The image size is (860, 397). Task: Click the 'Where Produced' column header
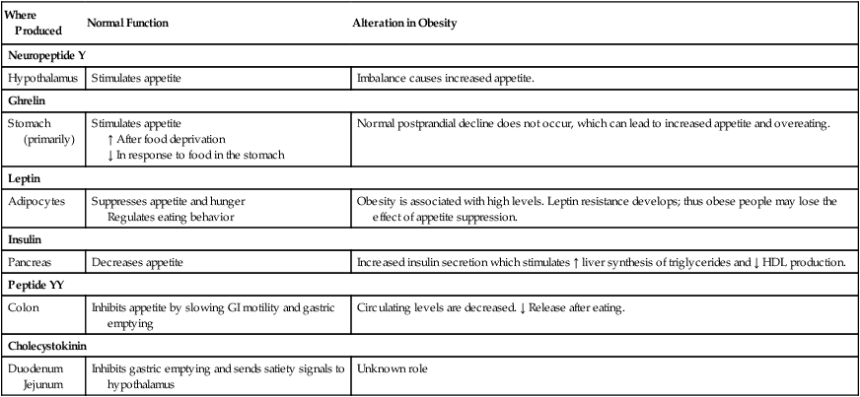[x=28, y=24]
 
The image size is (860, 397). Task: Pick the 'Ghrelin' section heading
[x=28, y=99]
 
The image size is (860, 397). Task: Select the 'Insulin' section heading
[x=26, y=239]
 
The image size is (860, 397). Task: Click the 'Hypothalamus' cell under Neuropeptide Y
[x=44, y=77]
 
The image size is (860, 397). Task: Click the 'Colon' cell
[x=26, y=308]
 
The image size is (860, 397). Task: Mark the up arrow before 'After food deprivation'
[x=109, y=139]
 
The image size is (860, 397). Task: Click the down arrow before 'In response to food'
[x=109, y=155]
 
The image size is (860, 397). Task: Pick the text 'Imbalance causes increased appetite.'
[x=445, y=77]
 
